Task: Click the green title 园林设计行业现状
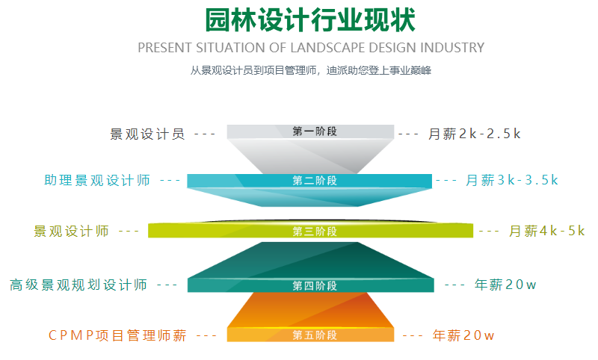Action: click(310, 20)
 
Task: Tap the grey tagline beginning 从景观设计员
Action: click(311, 70)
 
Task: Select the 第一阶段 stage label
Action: click(315, 131)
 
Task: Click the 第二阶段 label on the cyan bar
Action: click(315, 181)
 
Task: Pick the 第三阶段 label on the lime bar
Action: click(315, 232)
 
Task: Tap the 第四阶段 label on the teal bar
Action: click(315, 286)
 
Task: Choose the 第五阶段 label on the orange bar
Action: click(315, 335)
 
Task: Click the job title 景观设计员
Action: click(147, 134)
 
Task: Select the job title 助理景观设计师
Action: click(97, 180)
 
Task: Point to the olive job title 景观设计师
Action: click(71, 232)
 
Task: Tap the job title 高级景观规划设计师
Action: click(78, 285)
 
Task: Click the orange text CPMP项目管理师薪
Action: click(117, 335)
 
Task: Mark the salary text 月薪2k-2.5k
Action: click(474, 134)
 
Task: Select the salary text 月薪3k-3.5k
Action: click(512, 180)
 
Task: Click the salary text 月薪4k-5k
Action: click(547, 231)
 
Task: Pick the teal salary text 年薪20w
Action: click(505, 285)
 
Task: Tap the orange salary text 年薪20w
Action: click(463, 335)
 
